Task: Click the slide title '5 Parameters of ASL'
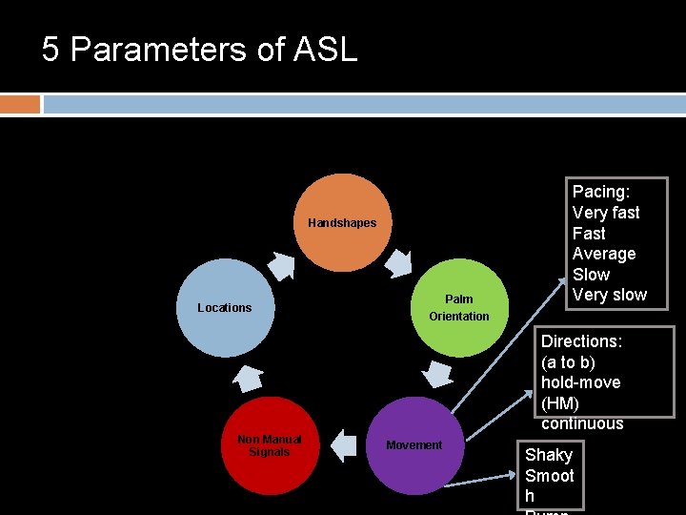click(199, 49)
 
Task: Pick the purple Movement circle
click(414, 445)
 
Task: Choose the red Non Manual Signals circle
click(269, 445)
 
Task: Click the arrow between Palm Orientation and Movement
click(437, 374)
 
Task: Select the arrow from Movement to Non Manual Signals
click(343, 444)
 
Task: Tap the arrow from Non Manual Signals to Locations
click(247, 378)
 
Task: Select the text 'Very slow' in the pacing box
click(609, 295)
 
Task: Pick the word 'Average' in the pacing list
click(604, 254)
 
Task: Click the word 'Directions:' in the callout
click(581, 341)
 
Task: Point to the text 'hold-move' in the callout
click(580, 382)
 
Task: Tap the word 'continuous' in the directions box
click(582, 423)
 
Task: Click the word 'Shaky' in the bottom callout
click(549, 455)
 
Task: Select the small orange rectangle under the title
click(20, 104)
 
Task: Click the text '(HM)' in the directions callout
click(560, 403)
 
